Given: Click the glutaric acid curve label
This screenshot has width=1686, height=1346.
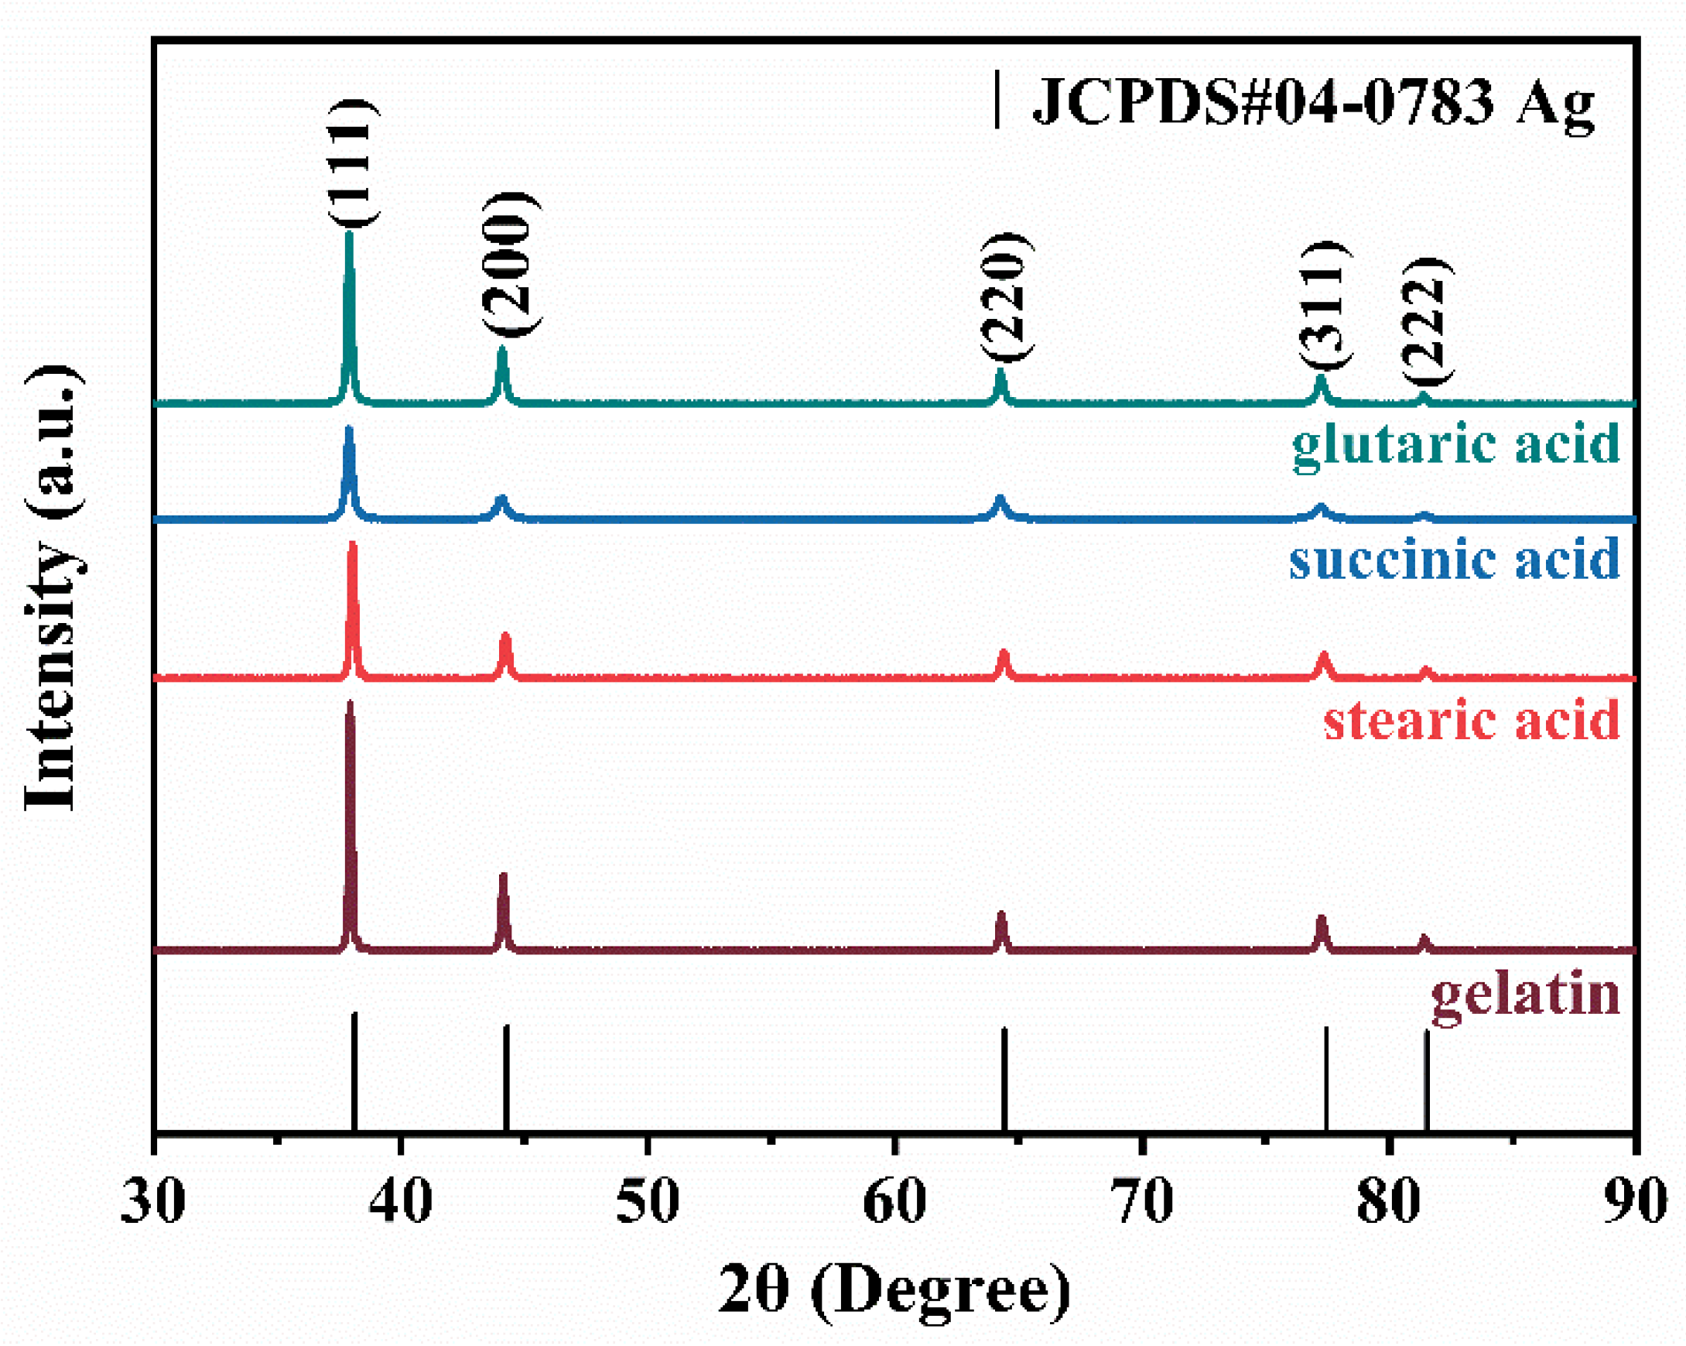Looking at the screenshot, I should (x=1455, y=445).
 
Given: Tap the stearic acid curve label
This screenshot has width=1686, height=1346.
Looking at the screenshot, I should (x=1471, y=721).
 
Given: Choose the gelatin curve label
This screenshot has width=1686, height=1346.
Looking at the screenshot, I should (x=1525, y=995).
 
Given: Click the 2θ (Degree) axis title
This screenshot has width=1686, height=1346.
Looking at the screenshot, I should (x=894, y=1291).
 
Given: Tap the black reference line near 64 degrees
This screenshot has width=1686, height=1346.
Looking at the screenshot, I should (x=1004, y=1079).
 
